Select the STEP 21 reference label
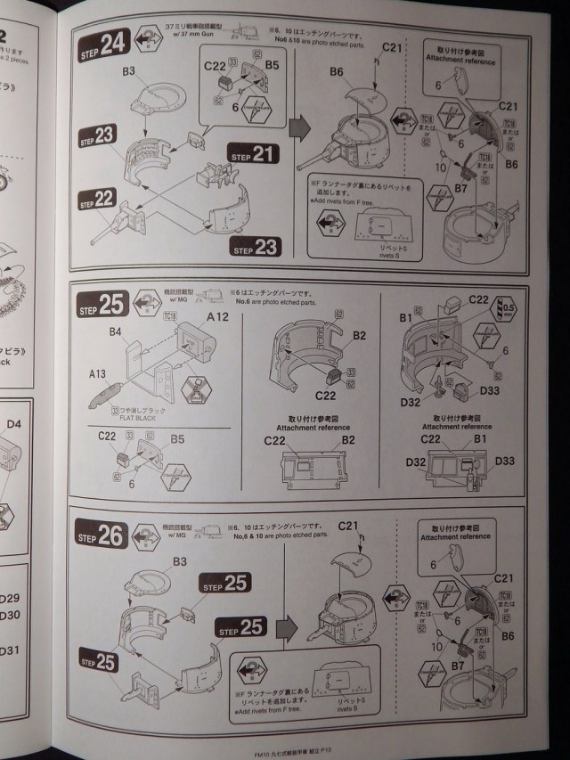(x=251, y=153)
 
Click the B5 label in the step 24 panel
(x=272, y=65)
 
